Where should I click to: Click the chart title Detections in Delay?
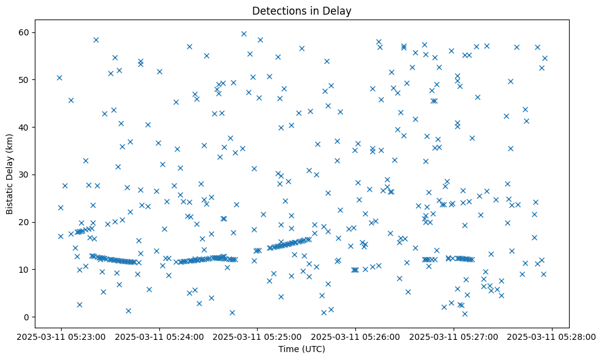tap(302, 10)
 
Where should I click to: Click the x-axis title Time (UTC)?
tap(302, 350)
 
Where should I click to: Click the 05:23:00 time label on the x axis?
tap(60, 336)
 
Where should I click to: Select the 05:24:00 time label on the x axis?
tap(159, 336)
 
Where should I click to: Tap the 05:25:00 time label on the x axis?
tap(258, 336)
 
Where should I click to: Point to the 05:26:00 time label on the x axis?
tap(356, 336)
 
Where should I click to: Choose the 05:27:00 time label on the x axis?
tap(454, 336)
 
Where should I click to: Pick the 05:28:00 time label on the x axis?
tap(553, 336)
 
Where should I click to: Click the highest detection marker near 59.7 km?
tap(244, 34)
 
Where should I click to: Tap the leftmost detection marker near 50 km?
tap(59, 77)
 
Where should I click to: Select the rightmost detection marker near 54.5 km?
tap(545, 59)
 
